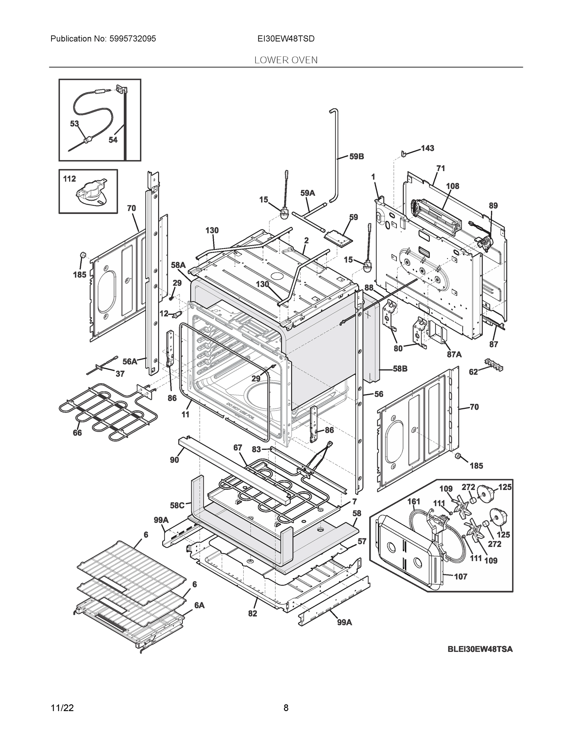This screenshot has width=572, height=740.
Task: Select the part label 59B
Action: pos(356,157)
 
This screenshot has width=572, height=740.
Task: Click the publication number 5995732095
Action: pos(133,39)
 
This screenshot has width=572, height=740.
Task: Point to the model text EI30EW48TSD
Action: pos(286,39)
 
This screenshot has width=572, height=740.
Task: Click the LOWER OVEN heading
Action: pos(286,60)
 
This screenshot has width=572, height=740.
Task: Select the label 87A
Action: pos(454,354)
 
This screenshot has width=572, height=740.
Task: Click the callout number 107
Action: pos(460,576)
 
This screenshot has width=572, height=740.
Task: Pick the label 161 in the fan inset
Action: pos(414,501)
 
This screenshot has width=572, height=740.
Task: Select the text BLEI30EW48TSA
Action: pos(480,649)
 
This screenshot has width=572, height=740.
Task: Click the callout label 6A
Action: pos(199,605)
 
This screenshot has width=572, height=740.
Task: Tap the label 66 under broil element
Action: pos(77,433)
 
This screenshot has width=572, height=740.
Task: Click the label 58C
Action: pos(177,506)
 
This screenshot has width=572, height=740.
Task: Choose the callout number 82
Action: pos(253,613)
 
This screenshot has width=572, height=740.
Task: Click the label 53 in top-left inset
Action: pos(75,124)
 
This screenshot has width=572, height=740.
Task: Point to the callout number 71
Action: pos(441,168)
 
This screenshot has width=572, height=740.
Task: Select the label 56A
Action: pos(130,362)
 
